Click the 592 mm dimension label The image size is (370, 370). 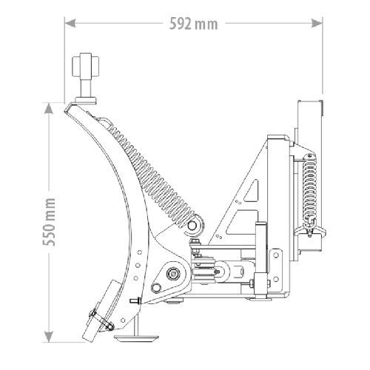194,24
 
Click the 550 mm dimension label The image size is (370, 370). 49,222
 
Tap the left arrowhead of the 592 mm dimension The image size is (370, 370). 70,24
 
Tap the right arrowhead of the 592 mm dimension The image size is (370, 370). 317,24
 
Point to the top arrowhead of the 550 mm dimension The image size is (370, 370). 49,108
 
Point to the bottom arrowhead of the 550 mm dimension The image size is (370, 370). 49,337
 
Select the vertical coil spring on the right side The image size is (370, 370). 310,186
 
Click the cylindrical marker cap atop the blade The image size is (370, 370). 85,66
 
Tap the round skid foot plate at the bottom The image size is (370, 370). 135,337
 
